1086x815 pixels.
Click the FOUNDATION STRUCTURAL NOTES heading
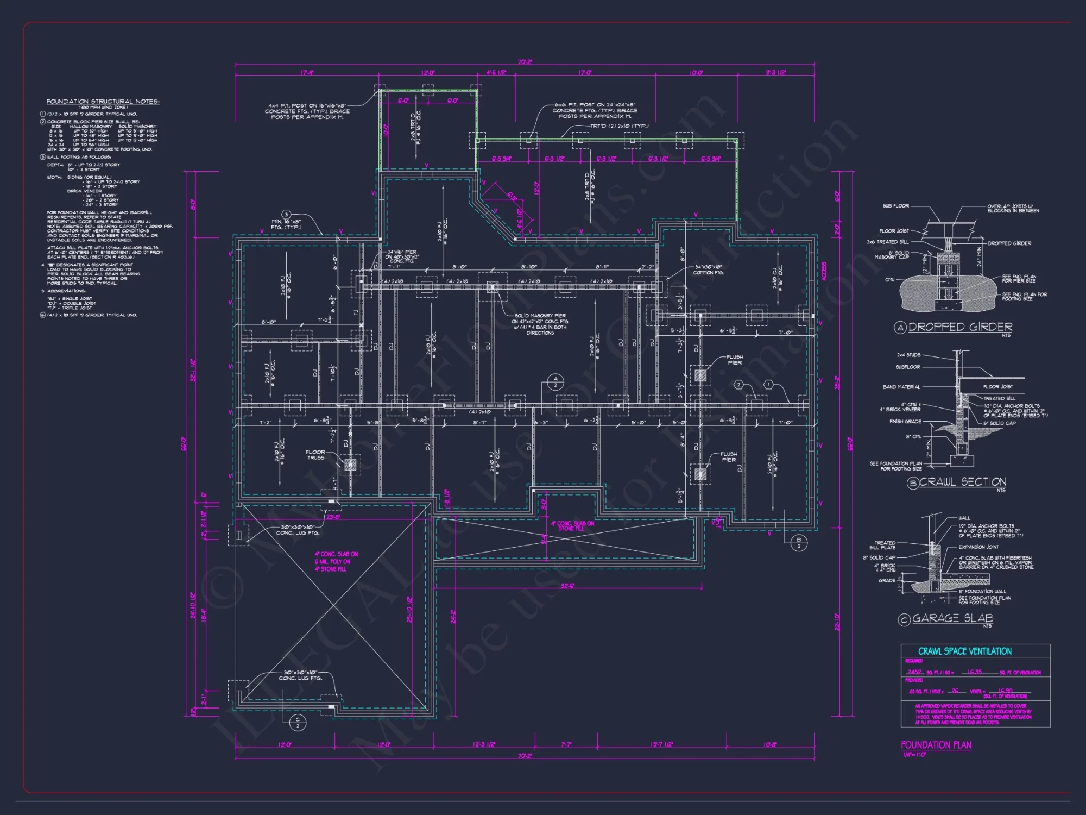[103, 102]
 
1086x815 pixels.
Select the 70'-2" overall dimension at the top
[525, 62]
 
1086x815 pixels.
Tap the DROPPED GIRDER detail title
[960, 327]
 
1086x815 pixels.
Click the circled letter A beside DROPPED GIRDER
[900, 328]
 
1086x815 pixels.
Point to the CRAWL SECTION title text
[963, 482]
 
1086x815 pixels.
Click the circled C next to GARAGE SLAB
[904, 619]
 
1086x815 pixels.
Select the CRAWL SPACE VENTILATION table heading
[965, 651]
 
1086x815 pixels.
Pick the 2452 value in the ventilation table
[914, 672]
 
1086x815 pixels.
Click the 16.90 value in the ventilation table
[1005, 691]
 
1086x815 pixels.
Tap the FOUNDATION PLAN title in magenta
[936, 745]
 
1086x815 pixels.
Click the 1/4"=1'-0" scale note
[914, 755]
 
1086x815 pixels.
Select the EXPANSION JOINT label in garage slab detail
[978, 547]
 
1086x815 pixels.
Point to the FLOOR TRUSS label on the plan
[315, 455]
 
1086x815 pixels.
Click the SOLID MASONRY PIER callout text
[540, 316]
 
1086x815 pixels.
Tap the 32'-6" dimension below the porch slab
[567, 586]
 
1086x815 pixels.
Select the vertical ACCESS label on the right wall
[824, 271]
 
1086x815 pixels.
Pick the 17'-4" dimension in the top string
[307, 72]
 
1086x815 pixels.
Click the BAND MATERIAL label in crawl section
[901, 387]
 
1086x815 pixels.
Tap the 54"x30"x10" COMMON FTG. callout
[709, 269]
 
